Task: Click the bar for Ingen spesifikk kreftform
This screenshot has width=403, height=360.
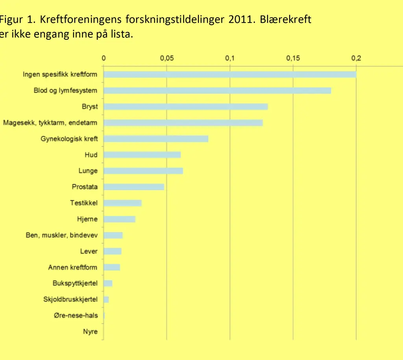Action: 229,74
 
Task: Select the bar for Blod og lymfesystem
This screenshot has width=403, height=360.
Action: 217,91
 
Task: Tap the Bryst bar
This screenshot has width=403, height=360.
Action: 185,107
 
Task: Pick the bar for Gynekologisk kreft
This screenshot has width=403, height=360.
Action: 156,139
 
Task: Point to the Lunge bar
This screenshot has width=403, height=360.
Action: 143,171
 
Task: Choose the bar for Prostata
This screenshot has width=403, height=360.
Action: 134,187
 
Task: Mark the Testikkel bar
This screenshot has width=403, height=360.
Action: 122,203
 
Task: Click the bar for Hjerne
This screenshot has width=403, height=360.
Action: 119,219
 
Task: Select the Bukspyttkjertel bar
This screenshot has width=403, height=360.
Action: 108,283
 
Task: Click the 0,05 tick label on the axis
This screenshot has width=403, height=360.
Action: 166,58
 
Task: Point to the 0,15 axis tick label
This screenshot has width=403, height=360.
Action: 293,58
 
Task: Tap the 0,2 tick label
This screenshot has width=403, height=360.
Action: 356,58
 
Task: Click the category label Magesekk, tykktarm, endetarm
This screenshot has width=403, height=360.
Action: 50,123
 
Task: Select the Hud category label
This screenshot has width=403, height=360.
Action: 91,155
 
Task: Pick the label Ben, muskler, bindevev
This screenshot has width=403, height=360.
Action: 62,235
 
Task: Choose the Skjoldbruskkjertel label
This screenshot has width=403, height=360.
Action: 70,299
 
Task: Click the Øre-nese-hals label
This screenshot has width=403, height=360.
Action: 76,315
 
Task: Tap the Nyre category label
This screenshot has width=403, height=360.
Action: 90,332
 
